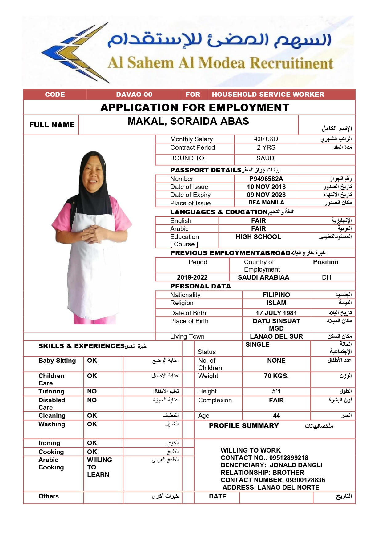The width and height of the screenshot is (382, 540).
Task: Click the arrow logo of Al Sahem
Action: (x=75, y=52)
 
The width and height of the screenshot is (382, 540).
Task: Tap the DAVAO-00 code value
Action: (x=134, y=95)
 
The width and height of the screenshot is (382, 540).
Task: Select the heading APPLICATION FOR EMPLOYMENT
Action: (x=195, y=107)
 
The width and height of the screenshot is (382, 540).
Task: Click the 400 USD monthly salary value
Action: (x=266, y=139)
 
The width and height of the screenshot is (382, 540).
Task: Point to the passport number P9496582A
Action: (x=266, y=179)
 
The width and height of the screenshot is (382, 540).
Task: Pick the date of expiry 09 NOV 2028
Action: (x=266, y=195)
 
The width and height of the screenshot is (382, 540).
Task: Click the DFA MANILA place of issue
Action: (x=266, y=203)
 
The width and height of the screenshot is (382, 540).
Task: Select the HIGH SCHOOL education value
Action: (x=258, y=237)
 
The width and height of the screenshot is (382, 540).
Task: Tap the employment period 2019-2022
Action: (x=192, y=277)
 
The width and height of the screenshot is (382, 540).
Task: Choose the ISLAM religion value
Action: (x=276, y=303)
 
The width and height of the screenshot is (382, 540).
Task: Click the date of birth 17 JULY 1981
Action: (x=276, y=313)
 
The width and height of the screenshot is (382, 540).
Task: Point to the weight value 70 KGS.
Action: (x=276, y=376)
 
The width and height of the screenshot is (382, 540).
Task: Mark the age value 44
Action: (x=276, y=416)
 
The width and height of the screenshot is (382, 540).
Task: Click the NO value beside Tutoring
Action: (x=92, y=391)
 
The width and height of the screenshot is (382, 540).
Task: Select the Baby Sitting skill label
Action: (x=57, y=361)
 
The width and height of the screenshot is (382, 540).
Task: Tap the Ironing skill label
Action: (x=49, y=443)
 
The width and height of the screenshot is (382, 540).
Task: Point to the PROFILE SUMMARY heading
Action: (x=244, y=426)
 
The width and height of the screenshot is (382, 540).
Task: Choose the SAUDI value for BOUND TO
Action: (x=266, y=158)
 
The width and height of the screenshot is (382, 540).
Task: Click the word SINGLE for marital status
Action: (x=257, y=345)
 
